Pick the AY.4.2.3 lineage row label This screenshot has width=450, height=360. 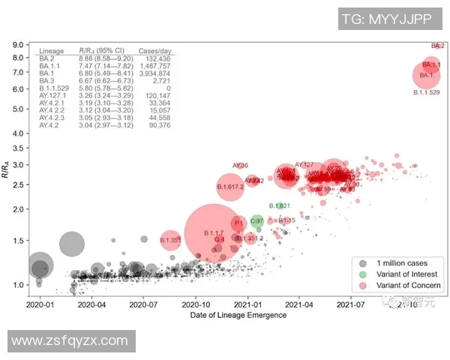point(52,118)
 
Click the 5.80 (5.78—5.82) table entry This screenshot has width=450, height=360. point(106,88)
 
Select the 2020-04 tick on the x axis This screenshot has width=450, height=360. point(91,305)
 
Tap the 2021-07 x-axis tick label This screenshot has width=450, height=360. point(351,305)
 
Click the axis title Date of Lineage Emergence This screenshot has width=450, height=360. point(239,315)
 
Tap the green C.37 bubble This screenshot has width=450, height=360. point(256,221)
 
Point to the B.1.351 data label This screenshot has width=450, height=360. point(171,240)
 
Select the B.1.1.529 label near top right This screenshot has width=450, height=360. point(426,92)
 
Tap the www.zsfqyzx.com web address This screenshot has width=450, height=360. point(70,341)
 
